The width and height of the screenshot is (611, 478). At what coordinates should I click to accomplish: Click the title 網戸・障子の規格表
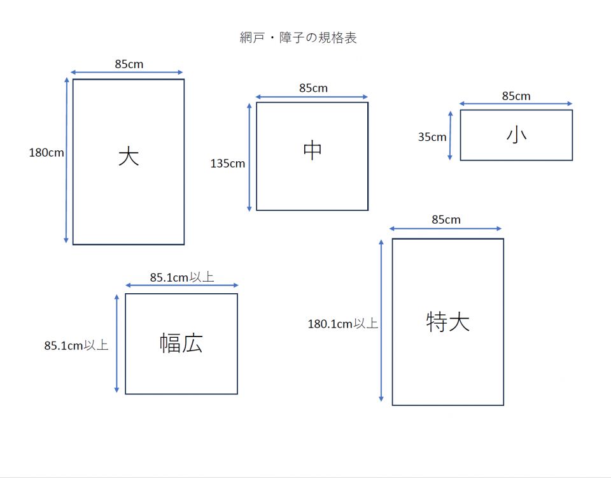tap(298, 38)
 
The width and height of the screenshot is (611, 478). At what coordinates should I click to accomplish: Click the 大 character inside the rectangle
tap(129, 156)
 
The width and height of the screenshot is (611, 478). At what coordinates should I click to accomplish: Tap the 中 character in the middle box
tap(312, 150)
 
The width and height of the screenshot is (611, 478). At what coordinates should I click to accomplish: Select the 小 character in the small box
tap(516, 135)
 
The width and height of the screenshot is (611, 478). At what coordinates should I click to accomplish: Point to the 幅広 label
tap(181, 343)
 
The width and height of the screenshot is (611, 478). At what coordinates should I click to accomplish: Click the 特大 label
tap(447, 322)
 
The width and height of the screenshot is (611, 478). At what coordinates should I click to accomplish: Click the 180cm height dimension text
tap(46, 152)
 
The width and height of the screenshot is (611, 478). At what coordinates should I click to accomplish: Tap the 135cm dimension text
tap(228, 164)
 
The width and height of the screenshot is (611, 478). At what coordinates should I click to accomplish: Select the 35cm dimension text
tap(432, 137)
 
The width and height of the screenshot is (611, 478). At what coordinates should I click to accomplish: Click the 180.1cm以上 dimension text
tap(343, 324)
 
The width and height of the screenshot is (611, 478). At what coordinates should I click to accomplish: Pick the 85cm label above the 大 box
tap(129, 64)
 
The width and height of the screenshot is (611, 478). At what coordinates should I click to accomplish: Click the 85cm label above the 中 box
tap(313, 88)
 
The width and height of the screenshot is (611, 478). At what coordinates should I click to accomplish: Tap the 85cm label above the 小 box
tap(516, 96)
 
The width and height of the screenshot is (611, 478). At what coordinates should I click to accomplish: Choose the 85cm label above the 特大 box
tap(446, 220)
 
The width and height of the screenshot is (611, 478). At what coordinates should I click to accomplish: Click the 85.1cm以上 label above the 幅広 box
tap(182, 277)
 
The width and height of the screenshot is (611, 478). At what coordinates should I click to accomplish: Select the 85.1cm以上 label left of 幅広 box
tap(76, 345)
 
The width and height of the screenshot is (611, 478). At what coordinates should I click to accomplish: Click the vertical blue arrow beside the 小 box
tap(450, 135)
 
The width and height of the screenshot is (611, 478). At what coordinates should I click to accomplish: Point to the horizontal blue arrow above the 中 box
tap(312, 97)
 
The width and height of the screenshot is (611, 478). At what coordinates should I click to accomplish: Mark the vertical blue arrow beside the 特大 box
tap(381, 321)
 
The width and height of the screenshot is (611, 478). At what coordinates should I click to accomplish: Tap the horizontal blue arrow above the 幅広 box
tap(181, 286)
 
